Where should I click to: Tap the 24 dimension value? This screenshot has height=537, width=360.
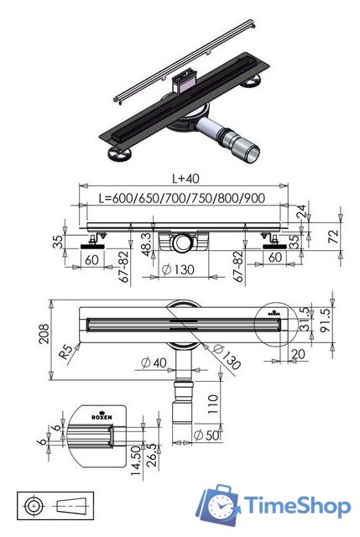[301, 211]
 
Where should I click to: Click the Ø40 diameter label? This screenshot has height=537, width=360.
[150, 362]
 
